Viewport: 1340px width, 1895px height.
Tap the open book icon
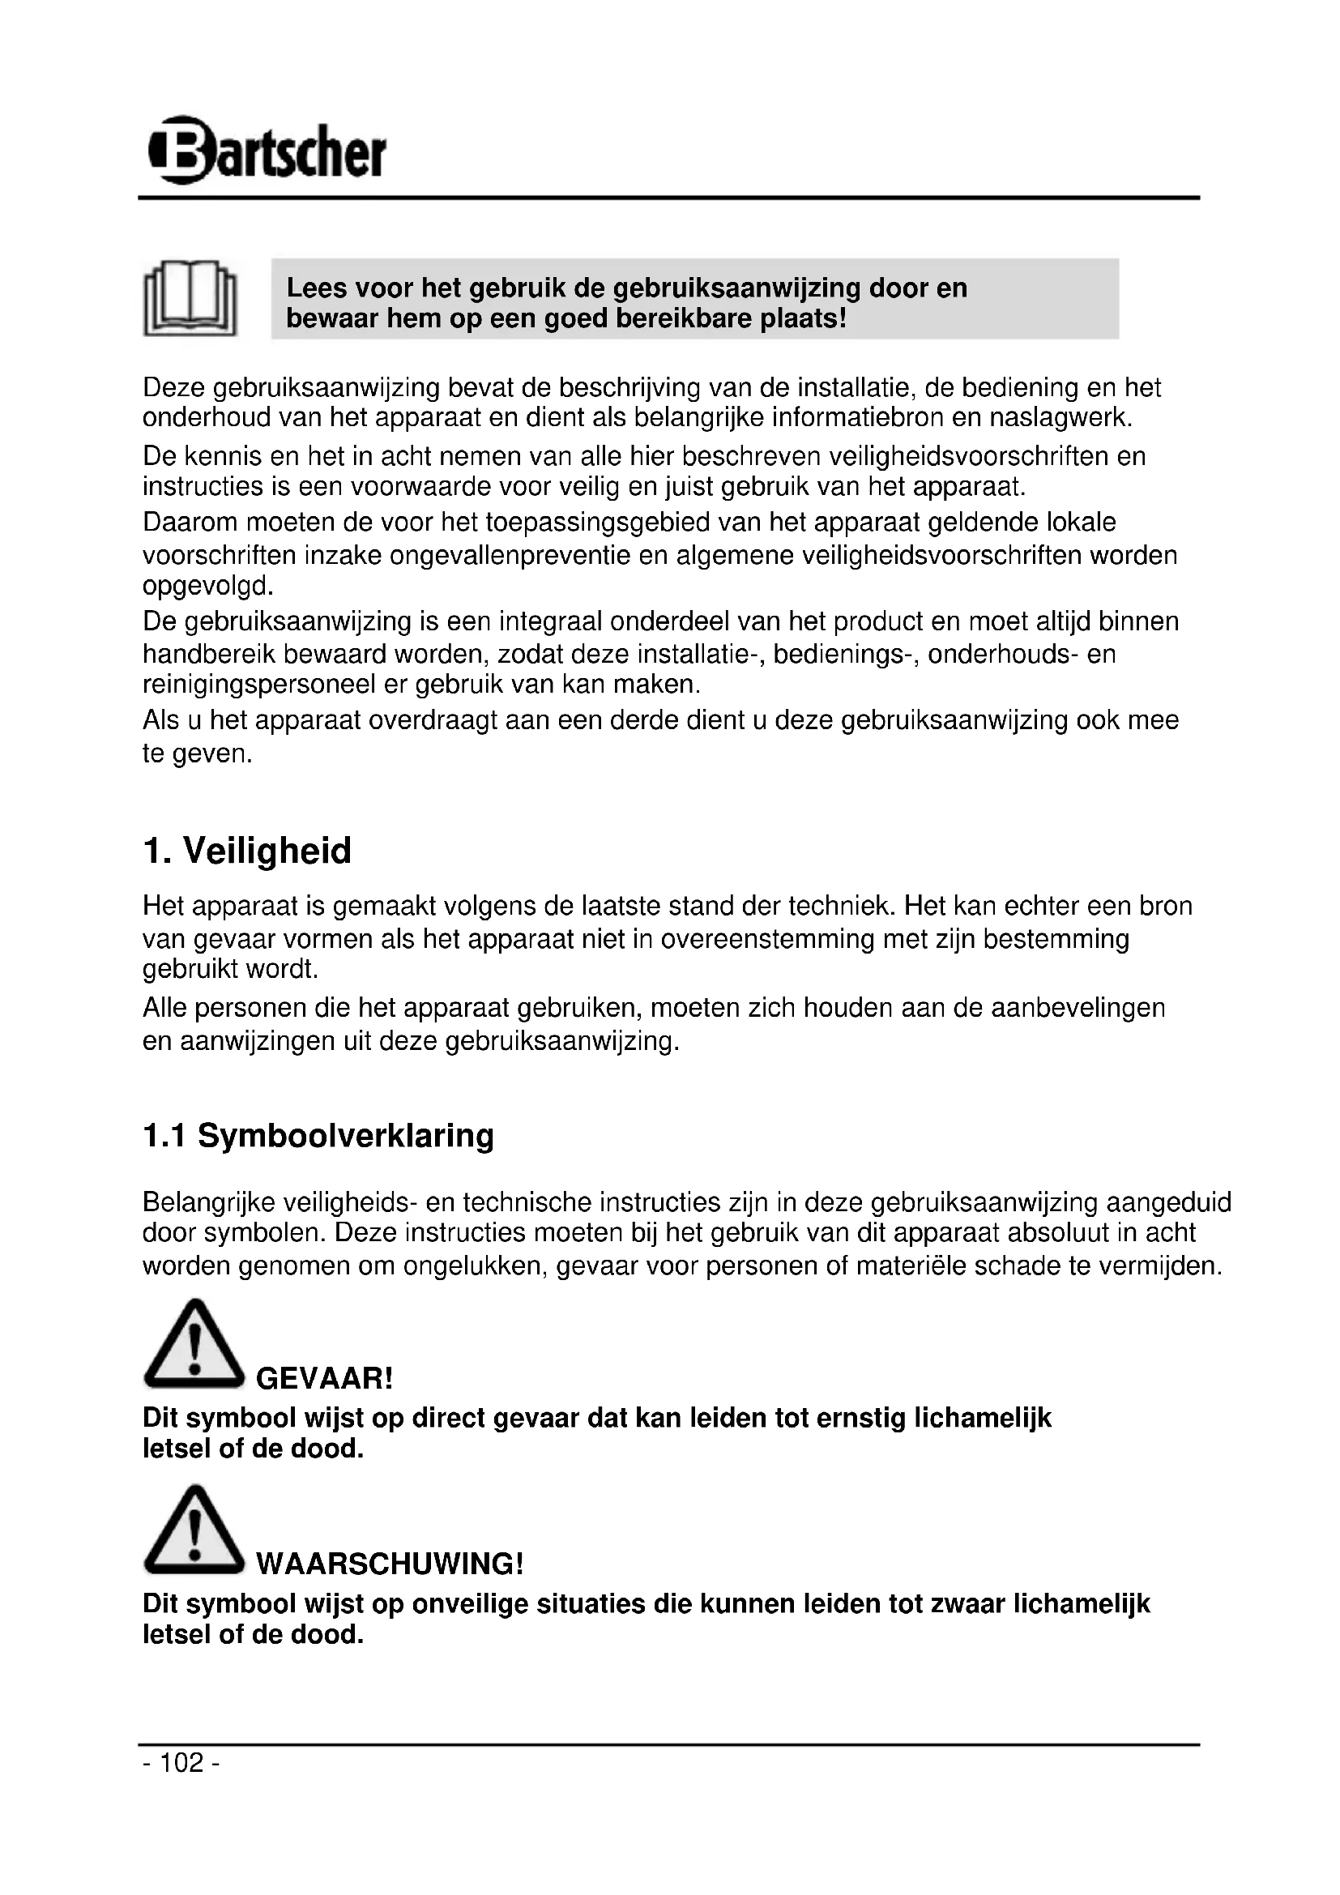tap(190, 298)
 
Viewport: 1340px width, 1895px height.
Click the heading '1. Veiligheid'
tap(247, 851)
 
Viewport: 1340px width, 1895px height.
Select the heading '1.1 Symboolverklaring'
tap(318, 1136)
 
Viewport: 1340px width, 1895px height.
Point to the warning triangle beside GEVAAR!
tap(194, 1346)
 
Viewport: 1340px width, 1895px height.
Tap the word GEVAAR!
tap(324, 1378)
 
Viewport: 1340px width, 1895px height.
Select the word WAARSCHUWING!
tap(390, 1564)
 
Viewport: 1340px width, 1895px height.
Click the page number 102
tap(181, 1763)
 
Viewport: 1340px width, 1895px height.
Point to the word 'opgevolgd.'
tap(207, 587)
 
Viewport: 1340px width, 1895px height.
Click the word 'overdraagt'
tap(433, 720)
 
